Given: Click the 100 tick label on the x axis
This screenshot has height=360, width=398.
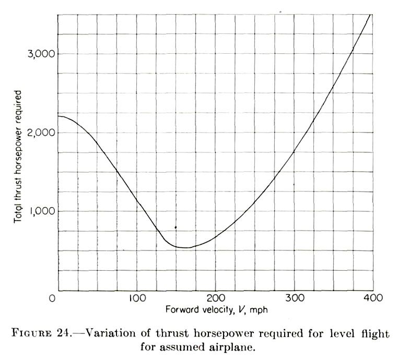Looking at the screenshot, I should click(137, 298).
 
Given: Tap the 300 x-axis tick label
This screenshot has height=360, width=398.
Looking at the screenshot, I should click(294, 298).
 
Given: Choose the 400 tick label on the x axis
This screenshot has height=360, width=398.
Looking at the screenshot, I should click(372, 298).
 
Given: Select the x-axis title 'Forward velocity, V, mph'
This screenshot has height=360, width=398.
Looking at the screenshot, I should click(216, 310).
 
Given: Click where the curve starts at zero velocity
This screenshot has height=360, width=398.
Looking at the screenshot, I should click(58, 116).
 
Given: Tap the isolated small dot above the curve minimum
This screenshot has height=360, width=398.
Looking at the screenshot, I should click(175, 227).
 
